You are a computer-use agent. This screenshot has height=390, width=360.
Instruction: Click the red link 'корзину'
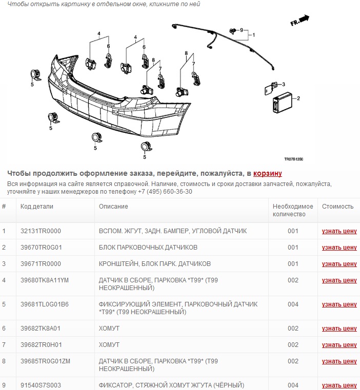[x=267, y=173]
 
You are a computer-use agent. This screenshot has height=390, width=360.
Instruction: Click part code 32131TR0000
[x=41, y=231]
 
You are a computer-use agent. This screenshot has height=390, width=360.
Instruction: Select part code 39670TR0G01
[x=41, y=248]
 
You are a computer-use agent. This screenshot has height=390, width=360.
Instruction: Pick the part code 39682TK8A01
[x=41, y=329]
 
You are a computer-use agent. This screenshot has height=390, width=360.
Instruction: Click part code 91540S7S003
[x=41, y=385]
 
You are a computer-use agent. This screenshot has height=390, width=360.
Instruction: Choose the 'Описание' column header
[x=113, y=207]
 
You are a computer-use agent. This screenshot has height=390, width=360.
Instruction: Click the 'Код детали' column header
[x=36, y=207]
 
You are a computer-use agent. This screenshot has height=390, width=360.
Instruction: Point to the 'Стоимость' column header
[x=337, y=207]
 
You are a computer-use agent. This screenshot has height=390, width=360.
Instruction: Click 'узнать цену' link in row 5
[x=339, y=304]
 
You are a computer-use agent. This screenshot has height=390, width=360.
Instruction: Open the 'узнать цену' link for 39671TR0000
[x=339, y=264]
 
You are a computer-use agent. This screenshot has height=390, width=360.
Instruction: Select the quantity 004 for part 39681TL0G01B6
[x=293, y=304]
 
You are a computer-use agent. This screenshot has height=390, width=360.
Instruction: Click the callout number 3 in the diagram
[x=283, y=85]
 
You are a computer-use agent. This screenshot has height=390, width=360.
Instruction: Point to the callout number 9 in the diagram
[x=241, y=30]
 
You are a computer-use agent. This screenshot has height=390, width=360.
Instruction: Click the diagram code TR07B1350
[x=293, y=159]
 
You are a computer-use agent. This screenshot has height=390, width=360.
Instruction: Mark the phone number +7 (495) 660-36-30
[x=165, y=192]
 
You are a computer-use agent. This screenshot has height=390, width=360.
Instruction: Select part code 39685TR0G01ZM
[x=45, y=361]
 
